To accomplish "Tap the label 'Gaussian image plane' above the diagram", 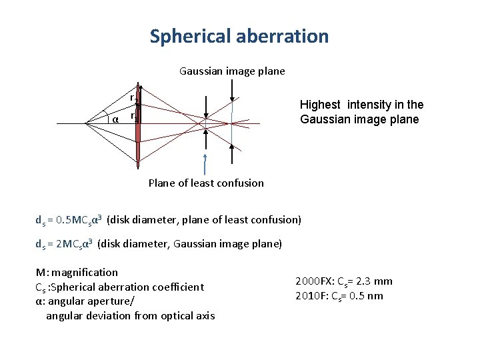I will [232, 71].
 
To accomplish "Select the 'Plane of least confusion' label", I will [206, 183].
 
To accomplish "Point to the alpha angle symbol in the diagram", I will [115, 119].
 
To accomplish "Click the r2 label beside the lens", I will [133, 97].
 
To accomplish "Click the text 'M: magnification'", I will [77, 272].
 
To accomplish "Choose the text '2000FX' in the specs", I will [313, 281].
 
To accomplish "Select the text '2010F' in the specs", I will [310, 296].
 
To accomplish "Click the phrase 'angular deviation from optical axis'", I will [130, 315].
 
